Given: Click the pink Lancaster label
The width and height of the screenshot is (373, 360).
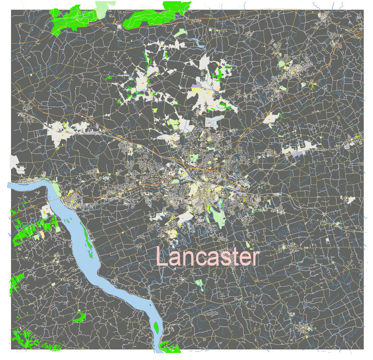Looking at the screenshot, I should (x=207, y=257).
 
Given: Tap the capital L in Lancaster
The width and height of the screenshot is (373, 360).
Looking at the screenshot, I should (x=163, y=257).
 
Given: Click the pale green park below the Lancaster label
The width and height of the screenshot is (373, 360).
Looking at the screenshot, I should (x=199, y=283).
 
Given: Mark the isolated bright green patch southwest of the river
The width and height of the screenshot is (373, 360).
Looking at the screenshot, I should (x=79, y=316).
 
